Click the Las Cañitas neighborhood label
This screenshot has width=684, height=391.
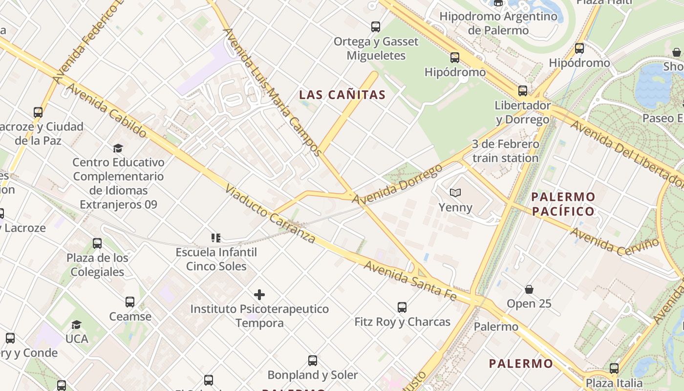tap(342, 95)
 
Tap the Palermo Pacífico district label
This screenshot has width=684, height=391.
tap(563, 204)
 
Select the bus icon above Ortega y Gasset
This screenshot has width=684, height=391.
tap(376, 27)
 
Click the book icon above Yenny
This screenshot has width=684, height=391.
tap(455, 193)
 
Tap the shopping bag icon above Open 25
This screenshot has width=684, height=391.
tap(529, 289)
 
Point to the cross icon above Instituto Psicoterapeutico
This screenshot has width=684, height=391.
tap(259, 295)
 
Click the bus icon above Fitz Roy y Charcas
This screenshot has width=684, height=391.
tap(402, 307)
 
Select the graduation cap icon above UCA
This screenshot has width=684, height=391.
tap(77, 325)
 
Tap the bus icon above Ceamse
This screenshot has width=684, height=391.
tap(130, 302)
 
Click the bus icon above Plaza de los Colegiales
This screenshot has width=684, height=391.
tap(97, 243)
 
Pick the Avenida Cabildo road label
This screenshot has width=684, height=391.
tap(106, 110)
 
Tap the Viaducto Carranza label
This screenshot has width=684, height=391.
tap(270, 214)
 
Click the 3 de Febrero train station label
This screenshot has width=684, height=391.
tap(505, 151)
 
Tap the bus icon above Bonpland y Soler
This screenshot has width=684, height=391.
tap(313, 361)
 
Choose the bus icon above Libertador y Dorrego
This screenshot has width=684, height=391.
tap(523, 91)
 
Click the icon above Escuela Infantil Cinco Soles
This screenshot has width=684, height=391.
tap(216, 238)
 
